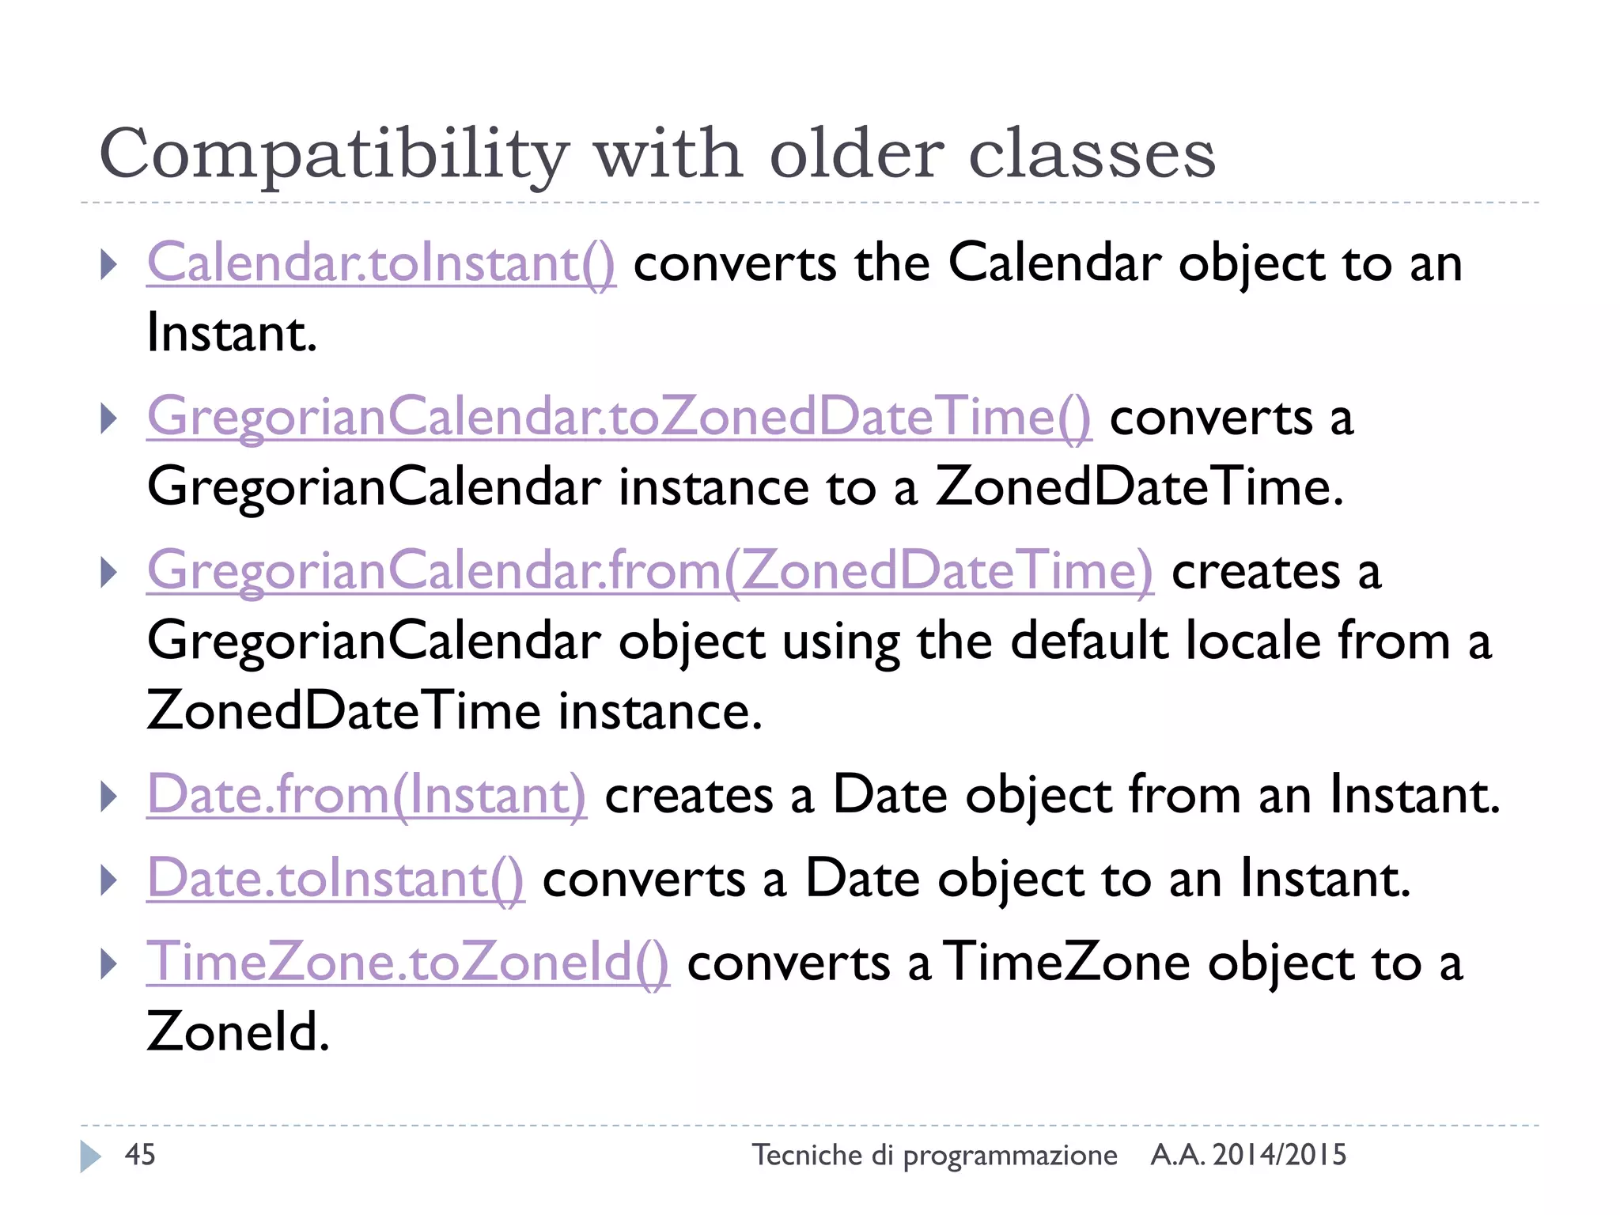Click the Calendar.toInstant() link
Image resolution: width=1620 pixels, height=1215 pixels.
pyautogui.click(x=380, y=263)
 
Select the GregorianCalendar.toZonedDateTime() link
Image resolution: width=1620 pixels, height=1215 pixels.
pyautogui.click(x=619, y=417)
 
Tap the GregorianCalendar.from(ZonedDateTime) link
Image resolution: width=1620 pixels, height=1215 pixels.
pyautogui.click(x=649, y=570)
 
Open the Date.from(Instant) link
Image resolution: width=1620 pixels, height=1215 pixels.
pyautogui.click(x=367, y=794)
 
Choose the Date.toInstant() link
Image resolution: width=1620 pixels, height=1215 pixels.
pyautogui.click(x=335, y=878)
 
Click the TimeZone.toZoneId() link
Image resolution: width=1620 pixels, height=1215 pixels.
pyautogui.click(x=407, y=962)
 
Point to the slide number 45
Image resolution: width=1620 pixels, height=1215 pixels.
pyautogui.click(x=140, y=1155)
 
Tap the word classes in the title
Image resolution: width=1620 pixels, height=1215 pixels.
pyautogui.click(x=1092, y=153)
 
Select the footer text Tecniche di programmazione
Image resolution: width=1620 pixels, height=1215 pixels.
pyautogui.click(x=934, y=1155)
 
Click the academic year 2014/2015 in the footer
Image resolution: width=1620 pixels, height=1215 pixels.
pyautogui.click(x=1279, y=1155)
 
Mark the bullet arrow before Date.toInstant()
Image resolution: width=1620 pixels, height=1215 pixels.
pyautogui.click(x=109, y=880)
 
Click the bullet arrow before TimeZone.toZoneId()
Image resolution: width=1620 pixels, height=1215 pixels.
pyautogui.click(x=109, y=963)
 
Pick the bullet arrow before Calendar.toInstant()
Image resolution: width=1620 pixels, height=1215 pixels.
pyautogui.click(x=109, y=264)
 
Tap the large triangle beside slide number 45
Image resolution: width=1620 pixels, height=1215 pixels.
pyautogui.click(x=90, y=1156)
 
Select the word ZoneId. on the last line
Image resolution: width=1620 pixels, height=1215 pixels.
pyautogui.click(x=238, y=1031)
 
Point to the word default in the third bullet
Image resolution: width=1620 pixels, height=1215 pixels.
pyautogui.click(x=1088, y=640)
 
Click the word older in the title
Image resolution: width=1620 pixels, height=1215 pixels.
pyautogui.click(x=857, y=153)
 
